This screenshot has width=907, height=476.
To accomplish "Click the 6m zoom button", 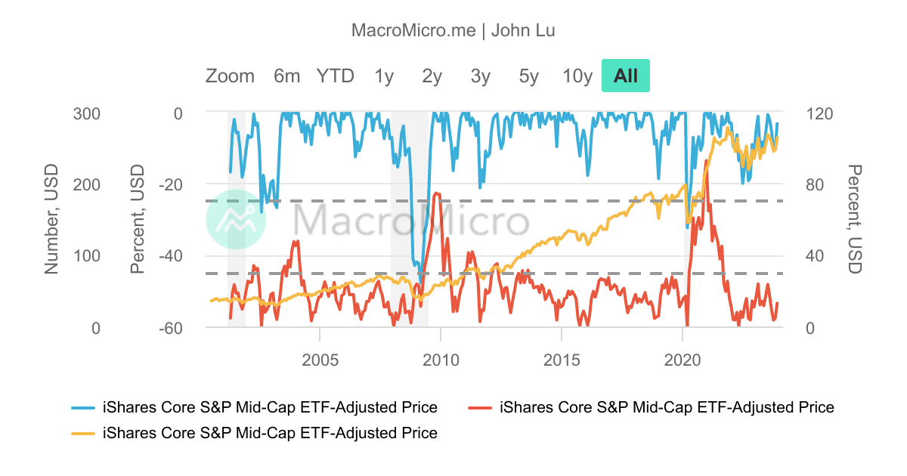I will (x=286, y=76).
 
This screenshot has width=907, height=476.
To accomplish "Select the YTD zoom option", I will (x=335, y=76).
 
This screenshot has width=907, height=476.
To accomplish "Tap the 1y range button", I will (x=384, y=76).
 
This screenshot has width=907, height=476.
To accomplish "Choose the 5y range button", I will (x=529, y=76).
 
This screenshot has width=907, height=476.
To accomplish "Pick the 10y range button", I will (x=577, y=76).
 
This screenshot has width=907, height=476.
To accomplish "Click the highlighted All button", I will (x=626, y=76).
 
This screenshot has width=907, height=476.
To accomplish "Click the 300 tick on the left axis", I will (x=86, y=113).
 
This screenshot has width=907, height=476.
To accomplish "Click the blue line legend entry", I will (x=270, y=407).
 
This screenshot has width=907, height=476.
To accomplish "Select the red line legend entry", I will (x=667, y=407).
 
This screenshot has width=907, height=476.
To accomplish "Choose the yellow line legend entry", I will (x=270, y=433).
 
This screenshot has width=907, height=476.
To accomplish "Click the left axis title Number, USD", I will (x=51, y=220).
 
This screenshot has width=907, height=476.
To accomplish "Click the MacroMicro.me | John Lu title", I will (x=453, y=30).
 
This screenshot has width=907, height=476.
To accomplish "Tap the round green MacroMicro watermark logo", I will (x=236, y=219).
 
